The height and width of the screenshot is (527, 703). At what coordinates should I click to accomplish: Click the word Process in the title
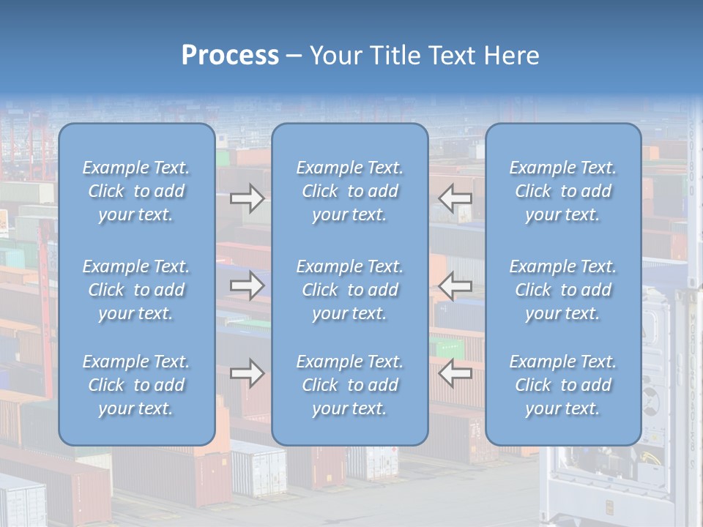click(x=230, y=56)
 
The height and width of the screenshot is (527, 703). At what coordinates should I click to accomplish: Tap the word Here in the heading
click(x=512, y=56)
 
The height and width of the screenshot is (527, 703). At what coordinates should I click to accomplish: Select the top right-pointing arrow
click(x=247, y=198)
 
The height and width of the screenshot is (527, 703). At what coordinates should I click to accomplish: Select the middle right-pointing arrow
click(x=247, y=285)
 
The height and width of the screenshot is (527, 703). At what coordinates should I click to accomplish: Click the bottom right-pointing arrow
click(x=247, y=373)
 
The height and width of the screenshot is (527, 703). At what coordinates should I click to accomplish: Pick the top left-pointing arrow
click(x=455, y=198)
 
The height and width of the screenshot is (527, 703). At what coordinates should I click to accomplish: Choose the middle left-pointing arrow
click(x=455, y=285)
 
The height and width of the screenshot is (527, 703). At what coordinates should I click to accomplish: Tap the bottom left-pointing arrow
click(x=455, y=373)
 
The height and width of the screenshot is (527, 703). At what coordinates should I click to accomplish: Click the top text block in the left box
click(x=136, y=191)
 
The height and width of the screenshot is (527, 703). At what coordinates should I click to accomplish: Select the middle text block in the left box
click(x=136, y=290)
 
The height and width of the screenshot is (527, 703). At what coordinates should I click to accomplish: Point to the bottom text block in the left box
click(x=136, y=385)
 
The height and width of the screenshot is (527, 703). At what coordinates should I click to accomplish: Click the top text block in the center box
click(x=350, y=191)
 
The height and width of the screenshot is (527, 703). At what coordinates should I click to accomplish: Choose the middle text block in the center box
click(x=350, y=290)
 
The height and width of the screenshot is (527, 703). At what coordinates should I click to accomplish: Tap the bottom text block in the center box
click(x=350, y=385)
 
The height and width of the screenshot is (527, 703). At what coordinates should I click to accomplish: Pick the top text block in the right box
click(x=563, y=191)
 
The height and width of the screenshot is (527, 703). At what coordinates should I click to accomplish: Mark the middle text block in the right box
click(x=563, y=290)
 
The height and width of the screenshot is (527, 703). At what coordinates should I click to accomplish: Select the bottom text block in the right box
click(x=563, y=385)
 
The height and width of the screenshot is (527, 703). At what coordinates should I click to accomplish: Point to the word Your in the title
click(x=334, y=56)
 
